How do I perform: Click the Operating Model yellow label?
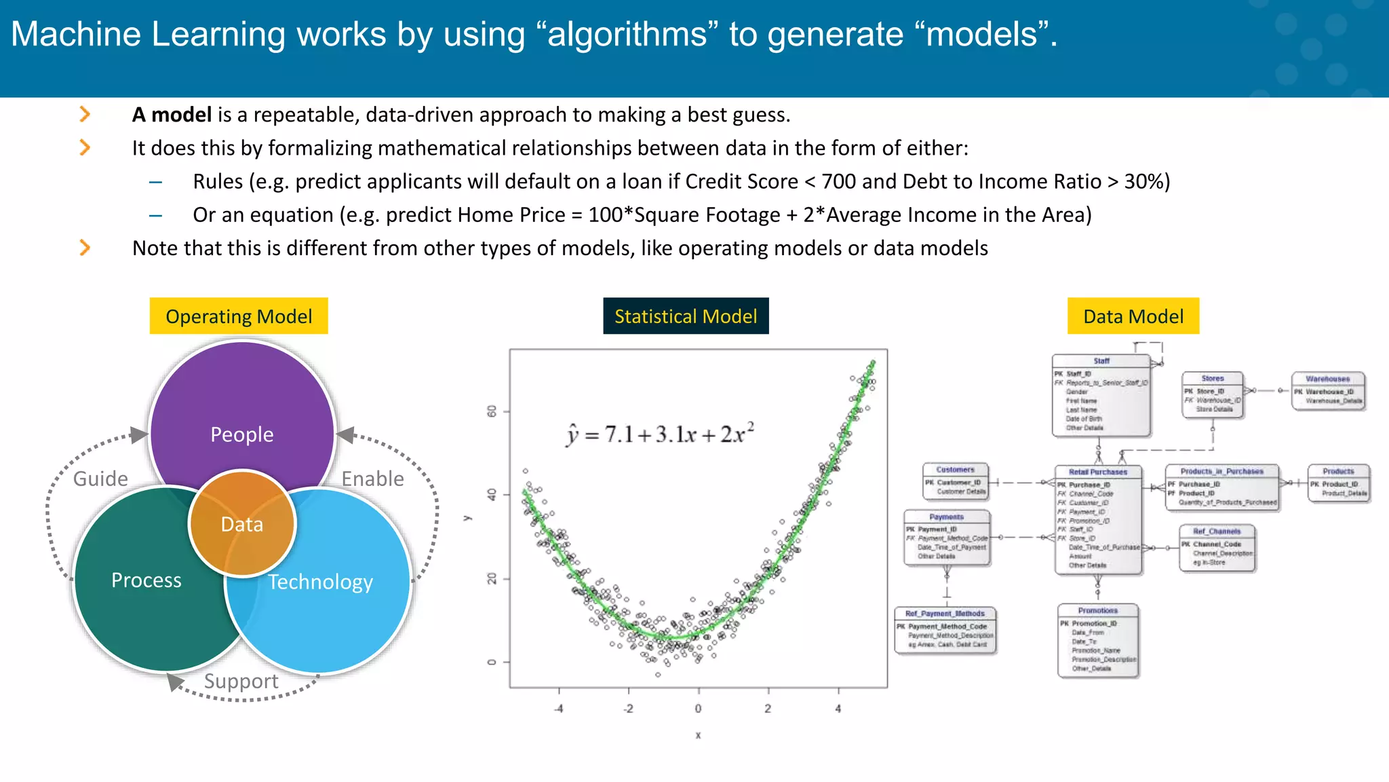pos(239,316)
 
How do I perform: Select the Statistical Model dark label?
pos(686,316)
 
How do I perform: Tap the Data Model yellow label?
pos(1133,316)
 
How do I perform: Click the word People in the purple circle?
pos(242,434)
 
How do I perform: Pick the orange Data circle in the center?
pos(242,524)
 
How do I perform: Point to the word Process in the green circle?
pos(146,580)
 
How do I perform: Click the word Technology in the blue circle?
pos(320,582)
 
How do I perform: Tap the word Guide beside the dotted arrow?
pos(100,479)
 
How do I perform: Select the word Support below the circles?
pos(241,681)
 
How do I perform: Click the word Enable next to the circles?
pos(372,479)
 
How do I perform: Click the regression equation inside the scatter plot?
pos(660,434)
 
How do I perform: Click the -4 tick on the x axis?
pos(559,709)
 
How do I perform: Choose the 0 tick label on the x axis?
pos(698,709)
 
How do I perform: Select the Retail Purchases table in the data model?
pos(1098,519)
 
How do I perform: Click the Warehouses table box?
pos(1328,391)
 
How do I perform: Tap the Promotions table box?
pos(1097,640)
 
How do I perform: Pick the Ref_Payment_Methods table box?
pos(945,630)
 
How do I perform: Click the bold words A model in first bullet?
pos(172,115)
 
